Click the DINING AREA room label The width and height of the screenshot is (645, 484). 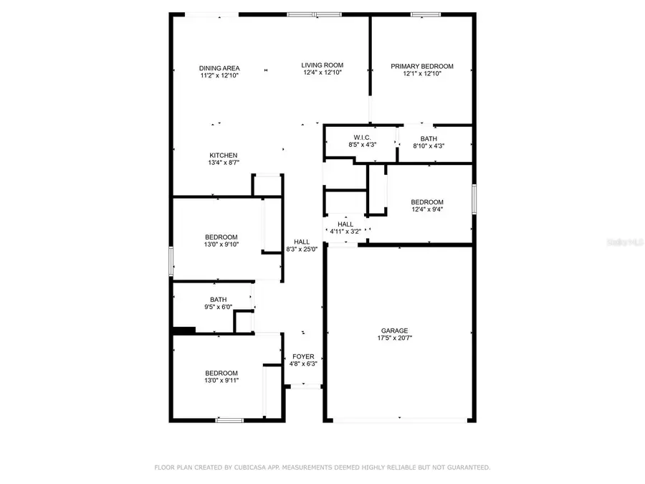(x=219, y=68)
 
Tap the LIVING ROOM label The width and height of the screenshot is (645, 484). (x=322, y=65)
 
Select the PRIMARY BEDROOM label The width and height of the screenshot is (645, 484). (x=421, y=66)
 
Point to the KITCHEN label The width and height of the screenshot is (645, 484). (x=223, y=156)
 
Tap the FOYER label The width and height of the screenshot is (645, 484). (x=303, y=356)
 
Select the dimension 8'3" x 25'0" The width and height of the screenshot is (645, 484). (x=302, y=249)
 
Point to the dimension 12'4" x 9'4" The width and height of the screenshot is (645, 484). (x=426, y=209)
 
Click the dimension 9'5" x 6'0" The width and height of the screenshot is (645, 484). (x=219, y=307)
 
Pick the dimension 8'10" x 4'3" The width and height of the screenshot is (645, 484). (x=429, y=146)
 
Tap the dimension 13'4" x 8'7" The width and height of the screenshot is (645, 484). (x=223, y=163)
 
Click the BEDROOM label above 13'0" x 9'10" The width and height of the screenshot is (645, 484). (x=221, y=237)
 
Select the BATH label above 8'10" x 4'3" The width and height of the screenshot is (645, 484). (x=429, y=138)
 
